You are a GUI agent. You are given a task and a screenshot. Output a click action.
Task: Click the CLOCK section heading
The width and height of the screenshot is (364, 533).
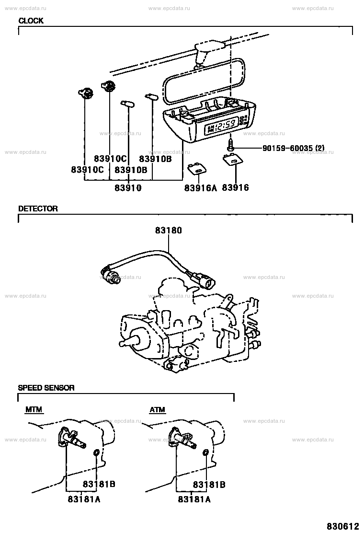click(31, 21)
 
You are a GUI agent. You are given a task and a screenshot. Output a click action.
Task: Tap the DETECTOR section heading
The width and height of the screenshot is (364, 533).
click(38, 209)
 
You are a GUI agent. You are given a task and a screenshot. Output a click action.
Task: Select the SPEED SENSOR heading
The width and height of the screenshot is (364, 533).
click(46, 387)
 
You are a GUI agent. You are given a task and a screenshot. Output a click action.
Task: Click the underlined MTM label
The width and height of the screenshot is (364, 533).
click(34, 410)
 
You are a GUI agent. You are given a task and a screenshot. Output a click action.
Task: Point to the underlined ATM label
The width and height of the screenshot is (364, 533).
click(157, 410)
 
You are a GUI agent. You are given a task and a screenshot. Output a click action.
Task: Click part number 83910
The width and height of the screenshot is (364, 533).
click(128, 187)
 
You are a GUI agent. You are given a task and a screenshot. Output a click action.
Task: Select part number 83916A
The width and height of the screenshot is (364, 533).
click(200, 187)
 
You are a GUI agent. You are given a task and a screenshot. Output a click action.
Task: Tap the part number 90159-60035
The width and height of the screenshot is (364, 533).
click(287, 148)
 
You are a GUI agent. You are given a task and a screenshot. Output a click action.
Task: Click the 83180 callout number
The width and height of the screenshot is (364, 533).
click(169, 230)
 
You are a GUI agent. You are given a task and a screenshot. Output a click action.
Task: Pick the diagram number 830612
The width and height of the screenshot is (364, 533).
click(343, 526)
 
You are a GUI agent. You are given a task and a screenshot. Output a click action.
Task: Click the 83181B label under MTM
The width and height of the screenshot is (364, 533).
click(99, 484)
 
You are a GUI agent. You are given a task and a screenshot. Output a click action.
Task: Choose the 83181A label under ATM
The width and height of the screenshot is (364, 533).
click(194, 499)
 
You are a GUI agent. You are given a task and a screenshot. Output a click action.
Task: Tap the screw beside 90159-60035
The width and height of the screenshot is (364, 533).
click(230, 147)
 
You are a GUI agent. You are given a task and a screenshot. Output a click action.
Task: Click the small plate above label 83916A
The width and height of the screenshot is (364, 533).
click(198, 169)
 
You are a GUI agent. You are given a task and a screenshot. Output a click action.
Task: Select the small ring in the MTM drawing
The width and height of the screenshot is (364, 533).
click(96, 452)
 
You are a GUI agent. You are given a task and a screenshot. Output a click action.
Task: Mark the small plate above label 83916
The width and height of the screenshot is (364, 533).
click(233, 159)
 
